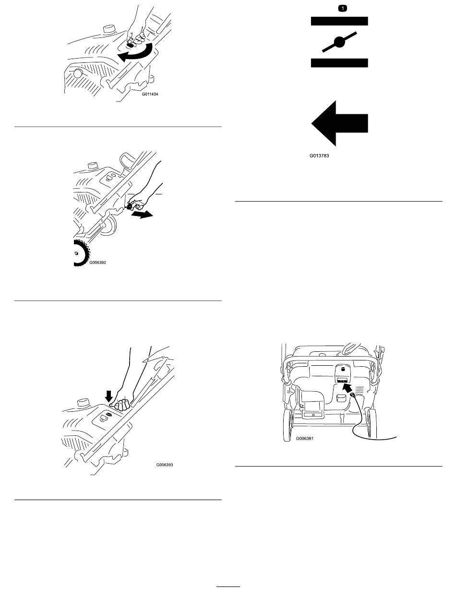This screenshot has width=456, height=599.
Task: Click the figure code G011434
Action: pyautogui.click(x=150, y=94)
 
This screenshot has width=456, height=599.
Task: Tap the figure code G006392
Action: pyautogui.click(x=98, y=263)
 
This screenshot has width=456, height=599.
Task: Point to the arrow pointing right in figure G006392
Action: pyautogui.click(x=142, y=215)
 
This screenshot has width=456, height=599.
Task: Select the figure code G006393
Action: pyautogui.click(x=165, y=465)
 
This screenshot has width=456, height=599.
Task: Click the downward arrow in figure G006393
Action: pyautogui.click(x=109, y=396)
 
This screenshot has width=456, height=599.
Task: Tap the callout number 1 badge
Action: pyautogui.click(x=342, y=9)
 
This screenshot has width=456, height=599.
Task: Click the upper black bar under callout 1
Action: pyautogui.click(x=339, y=21)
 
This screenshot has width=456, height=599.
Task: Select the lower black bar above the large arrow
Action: pyautogui.click(x=339, y=63)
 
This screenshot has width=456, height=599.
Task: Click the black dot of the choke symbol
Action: pyautogui.click(x=339, y=42)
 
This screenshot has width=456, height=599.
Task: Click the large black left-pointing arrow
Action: pyautogui.click(x=339, y=123)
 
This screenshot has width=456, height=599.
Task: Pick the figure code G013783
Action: pyautogui.click(x=319, y=156)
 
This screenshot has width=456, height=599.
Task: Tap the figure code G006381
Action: pyautogui.click(x=304, y=439)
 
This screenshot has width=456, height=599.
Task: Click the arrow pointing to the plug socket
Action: pyautogui.click(x=347, y=388)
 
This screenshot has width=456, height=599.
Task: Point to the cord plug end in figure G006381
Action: pyautogui.click(x=353, y=395)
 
